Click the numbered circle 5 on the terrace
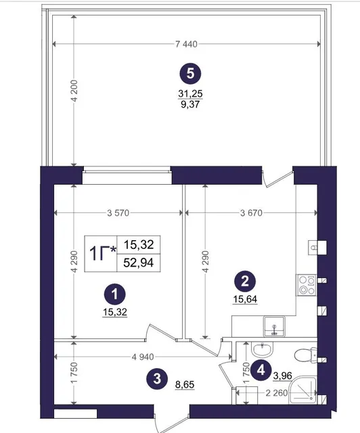click(190, 74)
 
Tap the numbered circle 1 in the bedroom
click(114, 294)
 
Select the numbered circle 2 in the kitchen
click(245, 281)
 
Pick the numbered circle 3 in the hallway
click(157, 379)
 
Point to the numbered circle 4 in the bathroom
click(261, 370)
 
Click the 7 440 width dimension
click(186, 44)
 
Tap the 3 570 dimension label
click(118, 213)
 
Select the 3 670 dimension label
click(251, 213)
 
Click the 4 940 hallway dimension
click(143, 357)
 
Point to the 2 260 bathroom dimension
click(277, 392)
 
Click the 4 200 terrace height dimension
click(74, 91)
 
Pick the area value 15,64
click(245, 299)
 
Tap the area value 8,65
click(185, 384)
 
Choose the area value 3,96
click(282, 376)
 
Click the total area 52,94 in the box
click(139, 263)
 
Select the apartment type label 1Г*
click(102, 254)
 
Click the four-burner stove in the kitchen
click(307, 285)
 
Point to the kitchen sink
click(274, 326)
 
